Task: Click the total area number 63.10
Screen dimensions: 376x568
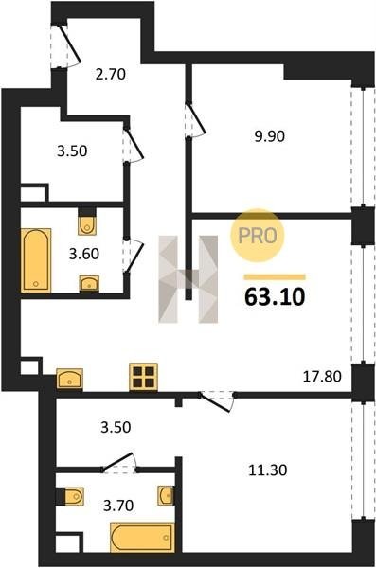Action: pos(275,297)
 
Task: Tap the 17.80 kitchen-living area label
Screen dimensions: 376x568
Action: pos(322,377)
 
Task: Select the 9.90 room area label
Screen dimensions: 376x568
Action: pos(269,136)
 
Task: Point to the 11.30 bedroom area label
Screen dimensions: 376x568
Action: pos(268,470)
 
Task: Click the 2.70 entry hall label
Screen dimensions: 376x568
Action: pos(111,74)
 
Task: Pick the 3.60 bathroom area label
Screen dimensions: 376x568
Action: pos(84,254)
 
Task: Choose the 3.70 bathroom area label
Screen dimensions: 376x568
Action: pos(118,505)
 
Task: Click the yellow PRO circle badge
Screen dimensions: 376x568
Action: pos(257,236)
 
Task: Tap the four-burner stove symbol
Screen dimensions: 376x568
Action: pos(144,377)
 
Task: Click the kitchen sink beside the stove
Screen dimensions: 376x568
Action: pos(70,379)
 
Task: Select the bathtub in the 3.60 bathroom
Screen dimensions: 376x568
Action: pos(36,259)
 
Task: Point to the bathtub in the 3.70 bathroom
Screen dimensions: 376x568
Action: pos(142,537)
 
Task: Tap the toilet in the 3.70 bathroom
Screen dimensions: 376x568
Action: pos(74,496)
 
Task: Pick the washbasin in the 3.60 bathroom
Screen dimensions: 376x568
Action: pos(89,283)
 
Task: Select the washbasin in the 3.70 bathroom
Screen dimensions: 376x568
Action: pos(166,495)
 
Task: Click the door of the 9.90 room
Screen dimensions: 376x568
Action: pos(195,120)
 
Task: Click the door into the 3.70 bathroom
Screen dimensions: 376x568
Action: pos(119,463)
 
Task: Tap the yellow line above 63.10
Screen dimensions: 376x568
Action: pos(275,277)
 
